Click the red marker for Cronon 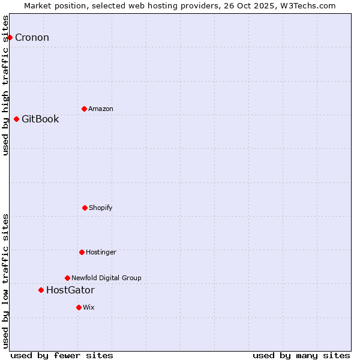(10, 37)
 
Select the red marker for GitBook (16, 119)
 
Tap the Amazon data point (84, 109)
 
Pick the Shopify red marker (85, 208)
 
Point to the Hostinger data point (82, 252)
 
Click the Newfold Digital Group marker (67, 278)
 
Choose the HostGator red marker (41, 290)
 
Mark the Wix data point (79, 307)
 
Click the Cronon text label (32, 38)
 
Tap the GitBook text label (40, 119)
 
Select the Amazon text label (101, 109)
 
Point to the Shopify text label (101, 208)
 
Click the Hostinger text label (101, 252)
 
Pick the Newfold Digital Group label (106, 278)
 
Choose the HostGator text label (70, 290)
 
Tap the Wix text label (89, 307)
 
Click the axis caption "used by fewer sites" (62, 355)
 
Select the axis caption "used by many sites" (301, 355)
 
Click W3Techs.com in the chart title (307, 5)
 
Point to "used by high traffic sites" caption (5, 85)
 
